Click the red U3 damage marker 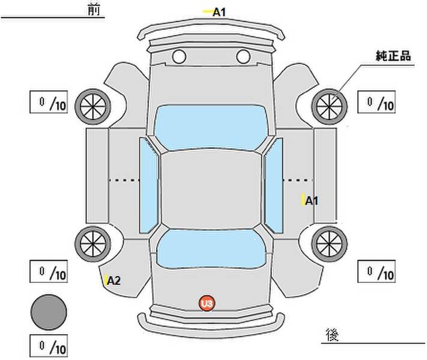tap(207, 303)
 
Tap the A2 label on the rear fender tap(114, 280)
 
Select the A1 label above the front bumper tap(219, 12)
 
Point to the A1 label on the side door tap(312, 201)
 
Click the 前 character tap(94, 10)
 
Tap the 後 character tap(332, 335)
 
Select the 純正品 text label tap(393, 56)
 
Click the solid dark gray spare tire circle tap(49, 312)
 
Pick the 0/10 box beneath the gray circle tap(49, 346)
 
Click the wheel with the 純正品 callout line tap(329, 106)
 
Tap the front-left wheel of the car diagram tap(93, 106)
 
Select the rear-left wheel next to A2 tap(93, 244)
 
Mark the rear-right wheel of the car tap(329, 244)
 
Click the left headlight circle tap(179, 56)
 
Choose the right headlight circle tap(243, 56)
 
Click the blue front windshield tap(211, 127)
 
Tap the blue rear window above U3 tap(211, 248)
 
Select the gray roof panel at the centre tap(211, 189)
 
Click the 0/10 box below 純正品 tap(377, 102)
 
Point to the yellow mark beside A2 tap(106, 280)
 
